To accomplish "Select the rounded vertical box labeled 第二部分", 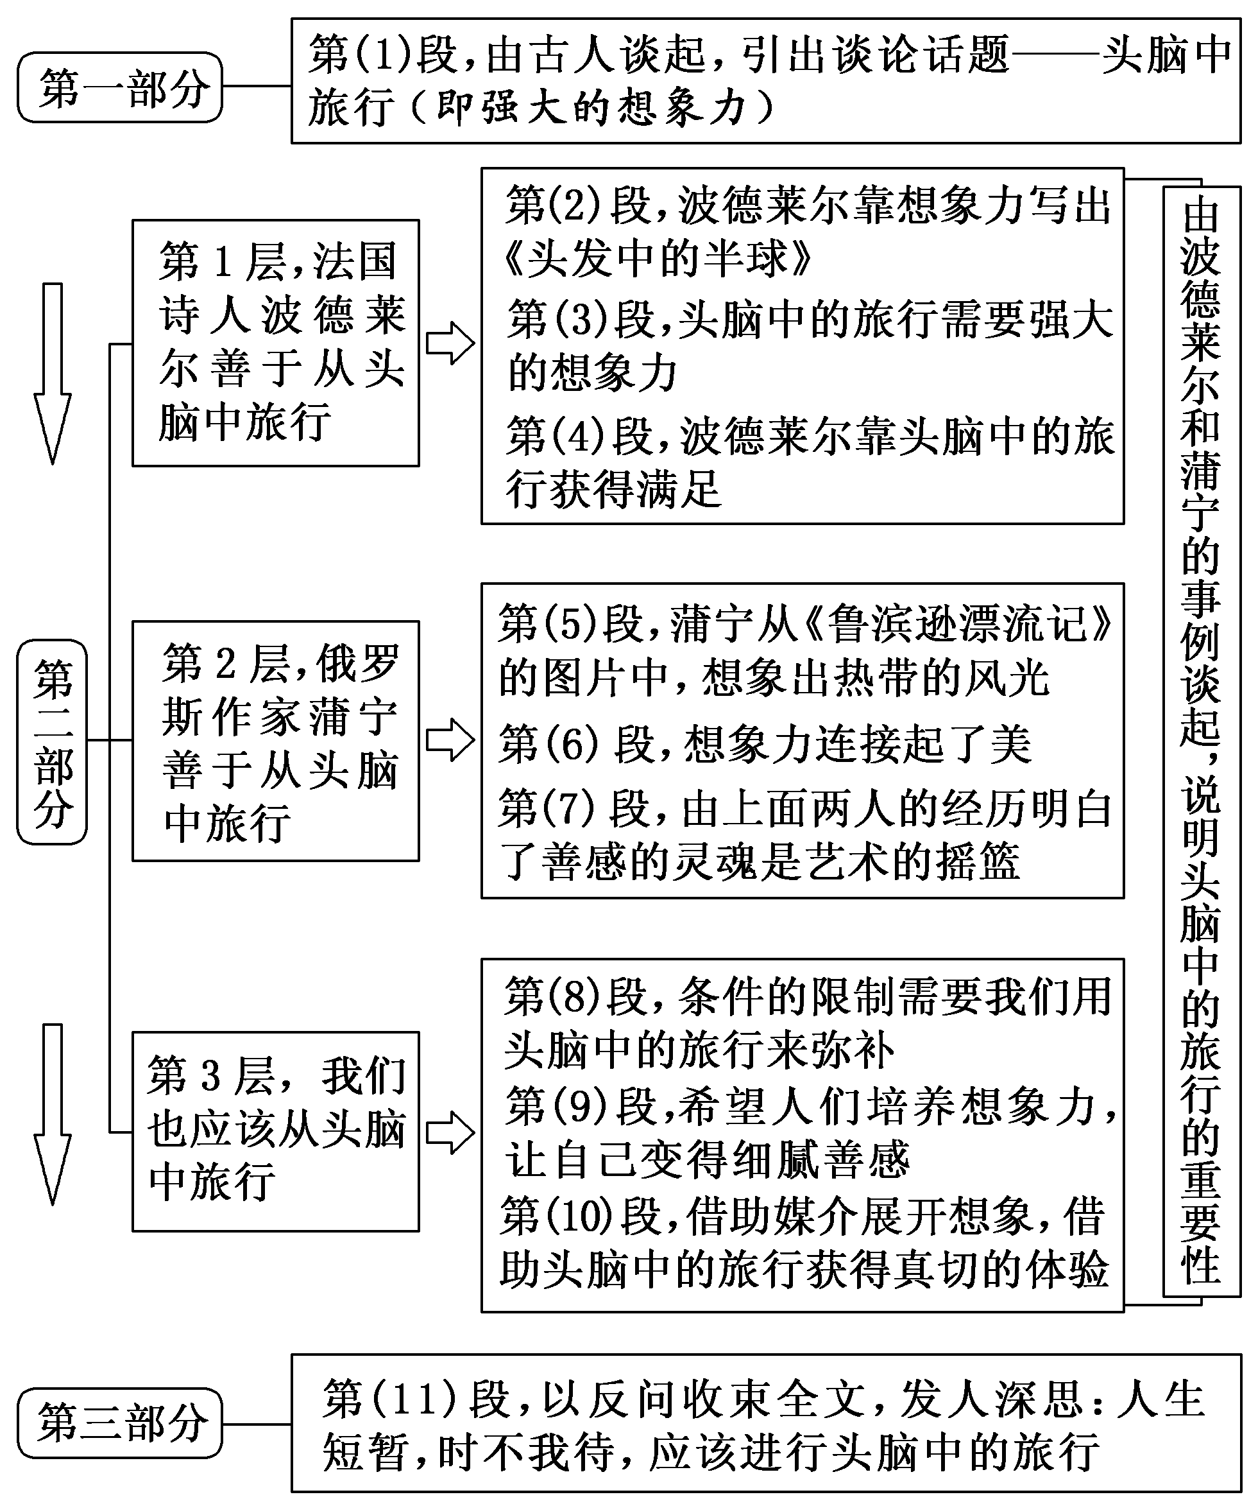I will pos(53,741).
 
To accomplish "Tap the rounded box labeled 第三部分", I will pos(120,1423).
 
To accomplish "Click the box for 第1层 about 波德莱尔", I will pos(275,343).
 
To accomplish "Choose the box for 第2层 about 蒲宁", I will pos(275,740).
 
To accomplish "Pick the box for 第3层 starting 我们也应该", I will pos(275,1132).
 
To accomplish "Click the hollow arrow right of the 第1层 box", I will pos(450,343).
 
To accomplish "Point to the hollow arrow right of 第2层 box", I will pos(450,740).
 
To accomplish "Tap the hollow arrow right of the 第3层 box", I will pos(450,1133).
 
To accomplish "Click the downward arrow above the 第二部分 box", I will pos(53,373).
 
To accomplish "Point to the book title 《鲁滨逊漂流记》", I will pos(958,623).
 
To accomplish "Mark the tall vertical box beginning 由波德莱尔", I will pos(1201,741).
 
